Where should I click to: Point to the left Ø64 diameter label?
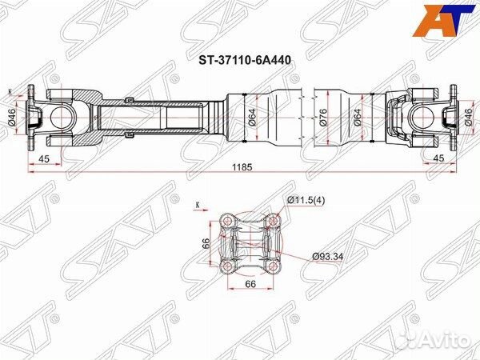tap(251, 120)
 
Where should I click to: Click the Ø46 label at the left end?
tap(12, 121)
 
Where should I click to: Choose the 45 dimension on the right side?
tap(439, 158)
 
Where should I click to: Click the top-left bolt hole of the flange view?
tap(229, 219)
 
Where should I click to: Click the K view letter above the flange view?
tap(197, 206)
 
